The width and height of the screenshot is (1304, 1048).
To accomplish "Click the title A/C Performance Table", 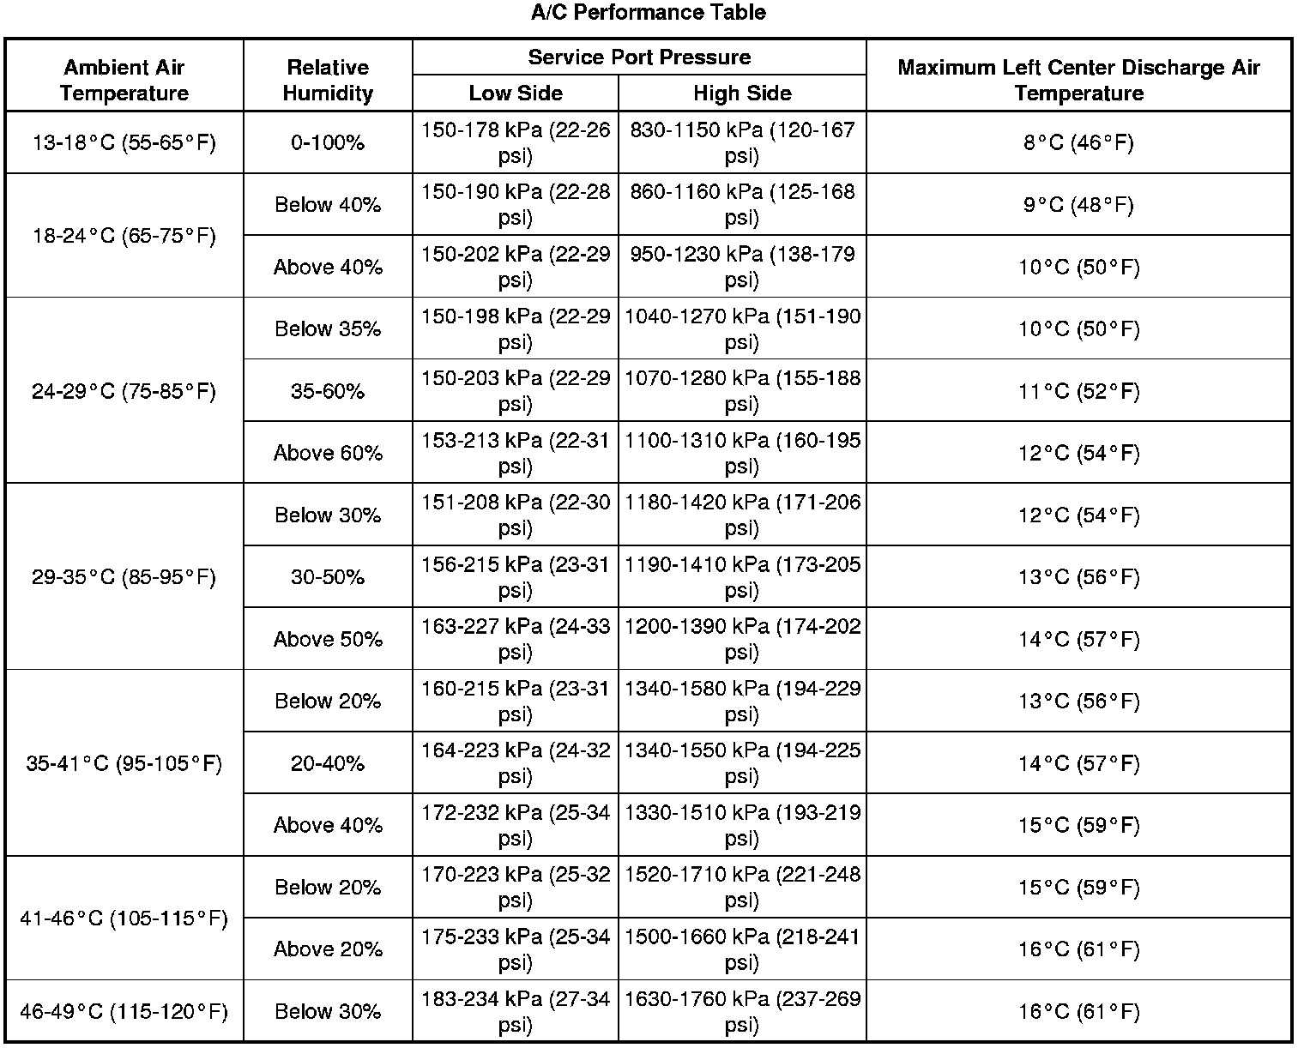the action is (x=648, y=12).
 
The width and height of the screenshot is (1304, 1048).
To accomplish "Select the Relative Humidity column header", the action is (x=328, y=80).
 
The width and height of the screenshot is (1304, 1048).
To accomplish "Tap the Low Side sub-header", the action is (x=516, y=93).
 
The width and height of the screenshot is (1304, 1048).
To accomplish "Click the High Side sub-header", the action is (x=742, y=93).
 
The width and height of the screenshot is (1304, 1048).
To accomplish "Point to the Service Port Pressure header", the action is (x=639, y=57).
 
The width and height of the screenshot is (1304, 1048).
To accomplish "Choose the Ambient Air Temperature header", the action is (x=124, y=80).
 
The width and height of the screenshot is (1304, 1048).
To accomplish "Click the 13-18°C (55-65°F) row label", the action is (x=124, y=142).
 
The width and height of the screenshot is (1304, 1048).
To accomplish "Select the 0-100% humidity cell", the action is (x=328, y=142).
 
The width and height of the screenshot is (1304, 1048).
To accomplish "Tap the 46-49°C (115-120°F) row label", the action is (x=124, y=1011).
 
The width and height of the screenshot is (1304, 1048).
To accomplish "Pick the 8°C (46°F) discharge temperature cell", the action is (x=1078, y=142).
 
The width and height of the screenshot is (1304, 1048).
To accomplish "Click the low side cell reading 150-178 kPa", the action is (x=516, y=142).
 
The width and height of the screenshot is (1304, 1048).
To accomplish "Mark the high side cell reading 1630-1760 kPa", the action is (x=742, y=1011).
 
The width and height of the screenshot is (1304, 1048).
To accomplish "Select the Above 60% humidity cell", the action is (x=328, y=453).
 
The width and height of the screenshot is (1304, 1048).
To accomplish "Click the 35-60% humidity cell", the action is (x=328, y=391).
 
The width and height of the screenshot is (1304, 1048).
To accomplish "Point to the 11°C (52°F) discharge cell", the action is (x=1078, y=391).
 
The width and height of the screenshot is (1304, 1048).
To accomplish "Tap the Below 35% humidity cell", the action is (x=328, y=328).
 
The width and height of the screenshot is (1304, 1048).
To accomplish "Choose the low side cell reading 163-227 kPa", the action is (x=516, y=639).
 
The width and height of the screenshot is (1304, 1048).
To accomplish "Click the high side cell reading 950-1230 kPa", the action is (x=742, y=267).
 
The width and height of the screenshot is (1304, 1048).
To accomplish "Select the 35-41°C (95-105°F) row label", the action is (x=124, y=762).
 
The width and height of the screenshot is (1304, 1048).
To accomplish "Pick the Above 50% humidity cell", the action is (x=328, y=639).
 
